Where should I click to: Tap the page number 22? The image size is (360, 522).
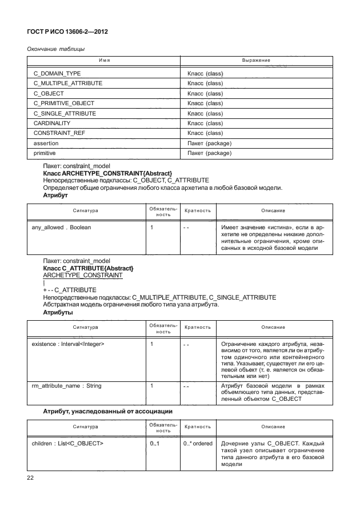click(31, 477)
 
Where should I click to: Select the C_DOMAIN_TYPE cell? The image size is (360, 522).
click(57, 74)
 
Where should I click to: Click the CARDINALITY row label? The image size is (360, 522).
click(52, 123)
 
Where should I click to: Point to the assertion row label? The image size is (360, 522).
click(46, 144)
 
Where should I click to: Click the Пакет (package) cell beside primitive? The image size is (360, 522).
click(209, 153)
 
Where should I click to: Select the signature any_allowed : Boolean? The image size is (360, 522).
click(61, 228)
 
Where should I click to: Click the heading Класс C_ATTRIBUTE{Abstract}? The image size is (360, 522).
click(88, 268)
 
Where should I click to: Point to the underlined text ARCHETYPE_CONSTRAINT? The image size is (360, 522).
click(83, 275)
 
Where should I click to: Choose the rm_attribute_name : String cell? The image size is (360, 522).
click(67, 386)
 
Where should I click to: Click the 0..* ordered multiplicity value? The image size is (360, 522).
click(198, 443)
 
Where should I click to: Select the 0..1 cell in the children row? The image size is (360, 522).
click(154, 443)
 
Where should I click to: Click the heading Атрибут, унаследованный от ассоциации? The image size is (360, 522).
click(109, 411)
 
